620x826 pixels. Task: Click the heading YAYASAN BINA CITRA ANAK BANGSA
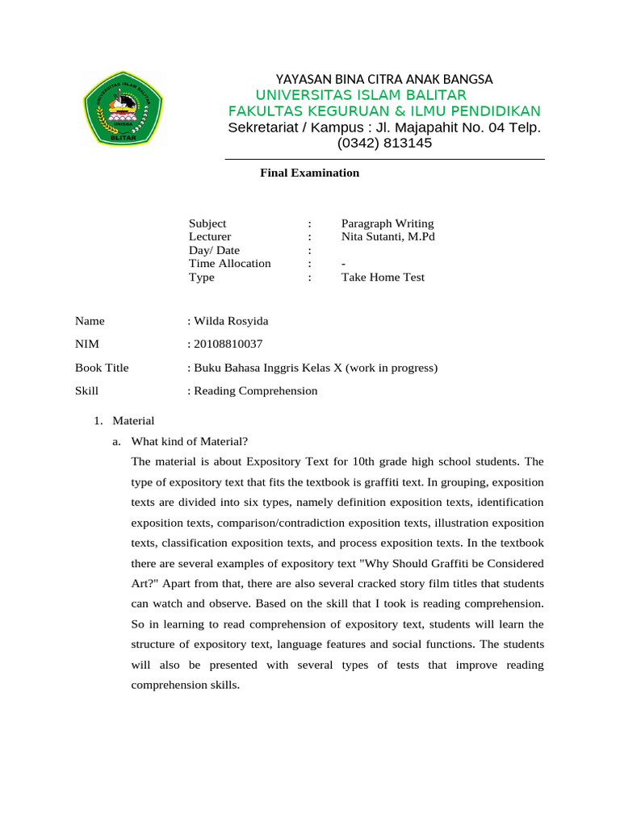(384, 79)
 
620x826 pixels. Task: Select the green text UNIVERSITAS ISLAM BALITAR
(361, 95)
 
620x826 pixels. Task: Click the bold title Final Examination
(309, 173)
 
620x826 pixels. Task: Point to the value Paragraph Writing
(387, 223)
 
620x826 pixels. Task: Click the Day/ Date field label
(214, 250)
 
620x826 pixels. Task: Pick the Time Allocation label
(230, 264)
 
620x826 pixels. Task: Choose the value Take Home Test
(383, 277)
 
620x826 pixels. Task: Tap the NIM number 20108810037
(228, 344)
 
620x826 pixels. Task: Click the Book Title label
(102, 368)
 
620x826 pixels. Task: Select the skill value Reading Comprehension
(255, 391)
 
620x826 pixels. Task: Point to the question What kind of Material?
(190, 440)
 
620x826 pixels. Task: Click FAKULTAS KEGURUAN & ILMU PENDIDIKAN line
(384, 111)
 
